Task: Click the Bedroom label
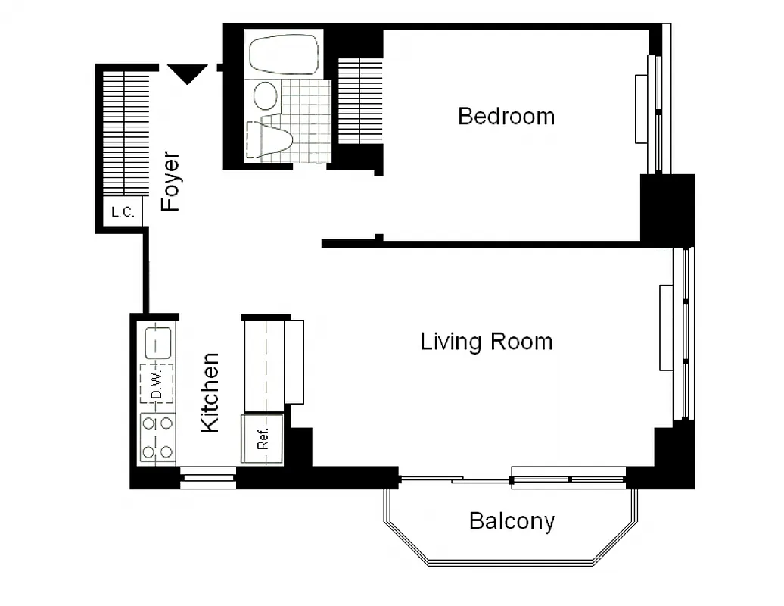(x=506, y=117)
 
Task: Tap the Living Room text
(x=486, y=342)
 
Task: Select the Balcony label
(x=512, y=521)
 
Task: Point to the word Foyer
(x=171, y=182)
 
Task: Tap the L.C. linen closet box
(x=123, y=212)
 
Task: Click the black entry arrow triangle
(x=188, y=73)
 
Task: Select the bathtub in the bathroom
(x=285, y=53)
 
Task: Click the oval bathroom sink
(x=266, y=96)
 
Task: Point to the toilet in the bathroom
(x=272, y=141)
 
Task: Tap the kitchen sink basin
(x=157, y=342)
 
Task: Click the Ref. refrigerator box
(x=262, y=439)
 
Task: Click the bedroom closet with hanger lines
(x=360, y=101)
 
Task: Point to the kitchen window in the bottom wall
(x=207, y=479)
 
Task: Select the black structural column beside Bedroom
(x=667, y=208)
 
